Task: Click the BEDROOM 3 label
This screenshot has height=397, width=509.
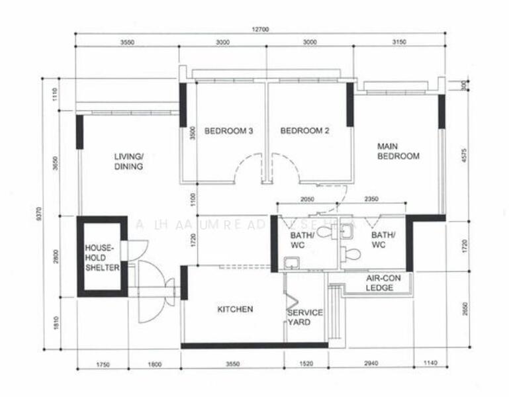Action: (x=228, y=131)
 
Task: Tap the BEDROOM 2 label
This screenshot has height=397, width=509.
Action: (x=304, y=131)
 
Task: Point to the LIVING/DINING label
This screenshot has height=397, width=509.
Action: (x=128, y=161)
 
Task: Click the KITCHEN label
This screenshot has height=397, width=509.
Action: (x=235, y=309)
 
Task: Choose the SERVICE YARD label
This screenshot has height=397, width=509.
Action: (x=304, y=317)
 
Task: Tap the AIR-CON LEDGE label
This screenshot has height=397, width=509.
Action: (x=380, y=283)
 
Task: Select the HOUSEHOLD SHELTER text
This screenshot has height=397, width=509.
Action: (x=102, y=257)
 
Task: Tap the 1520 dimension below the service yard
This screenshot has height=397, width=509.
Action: (x=305, y=364)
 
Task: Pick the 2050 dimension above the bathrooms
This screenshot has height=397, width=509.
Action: (x=306, y=199)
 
